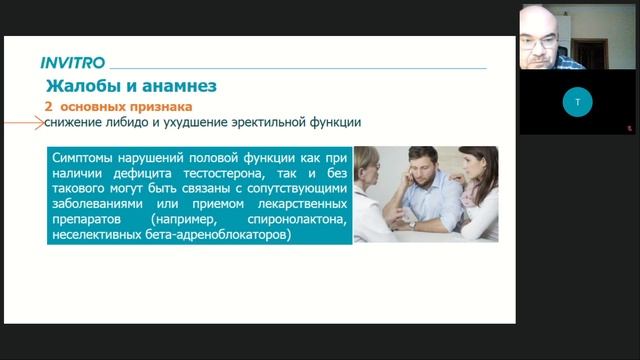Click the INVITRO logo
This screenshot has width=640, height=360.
click(x=74, y=63)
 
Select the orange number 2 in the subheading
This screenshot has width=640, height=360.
click(x=48, y=105)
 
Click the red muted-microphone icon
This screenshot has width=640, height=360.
click(x=629, y=127)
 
